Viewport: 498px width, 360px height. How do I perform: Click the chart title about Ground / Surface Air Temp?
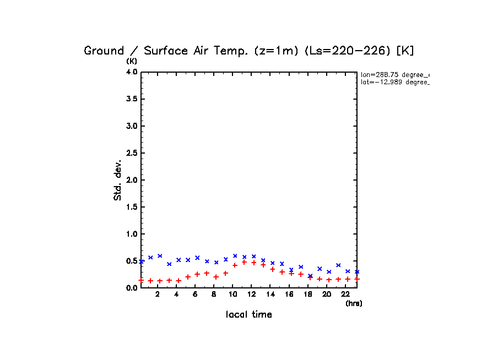tap(248, 51)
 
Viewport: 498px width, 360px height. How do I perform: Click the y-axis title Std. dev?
tap(118, 180)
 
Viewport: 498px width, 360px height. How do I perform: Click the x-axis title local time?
tap(249, 315)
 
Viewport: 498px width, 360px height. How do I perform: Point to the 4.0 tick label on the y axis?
tap(131, 72)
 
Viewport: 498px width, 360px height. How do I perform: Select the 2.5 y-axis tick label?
tap(131, 153)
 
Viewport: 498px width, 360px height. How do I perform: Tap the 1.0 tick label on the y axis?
tap(131, 234)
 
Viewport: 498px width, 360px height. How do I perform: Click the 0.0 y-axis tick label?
tap(131, 288)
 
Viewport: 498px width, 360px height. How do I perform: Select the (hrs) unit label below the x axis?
tap(354, 303)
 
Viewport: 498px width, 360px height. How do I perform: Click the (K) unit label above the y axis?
tap(132, 61)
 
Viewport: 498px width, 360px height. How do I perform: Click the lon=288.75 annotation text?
tap(394, 74)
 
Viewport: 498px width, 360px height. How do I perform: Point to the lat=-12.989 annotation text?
tap(394, 82)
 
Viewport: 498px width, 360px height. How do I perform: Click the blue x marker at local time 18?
tap(310, 276)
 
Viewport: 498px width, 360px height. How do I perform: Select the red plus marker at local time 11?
tap(244, 262)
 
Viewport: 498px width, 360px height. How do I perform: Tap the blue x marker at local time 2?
tap(160, 256)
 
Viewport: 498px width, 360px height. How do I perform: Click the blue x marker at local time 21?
tap(338, 265)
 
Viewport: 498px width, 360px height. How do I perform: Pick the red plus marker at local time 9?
tap(225, 273)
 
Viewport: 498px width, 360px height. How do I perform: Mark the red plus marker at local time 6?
tap(197, 274)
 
